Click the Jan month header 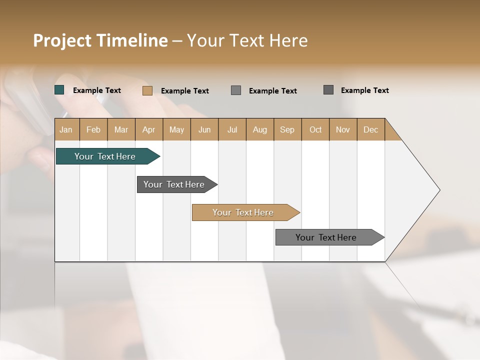[x=66, y=129]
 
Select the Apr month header [x=149, y=129]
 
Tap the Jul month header [x=232, y=129]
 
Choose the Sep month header [x=287, y=129]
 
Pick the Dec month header [x=370, y=129]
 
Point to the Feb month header [x=93, y=129]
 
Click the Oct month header [x=315, y=129]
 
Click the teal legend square [x=59, y=90]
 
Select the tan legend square [x=147, y=90]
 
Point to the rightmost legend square [x=328, y=90]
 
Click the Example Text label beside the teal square [x=97, y=90]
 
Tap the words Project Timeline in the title [x=100, y=40]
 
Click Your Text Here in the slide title [x=247, y=40]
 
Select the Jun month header [x=204, y=129]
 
